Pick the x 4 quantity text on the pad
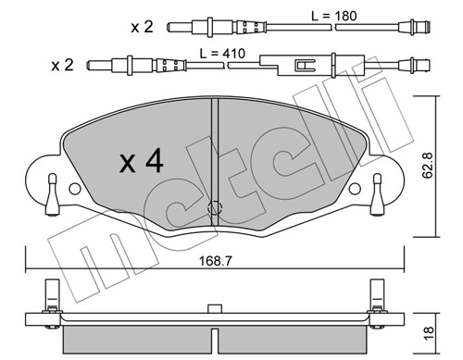coord(142,163)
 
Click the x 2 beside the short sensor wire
coord(141,27)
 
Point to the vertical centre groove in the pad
coord(214,148)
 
